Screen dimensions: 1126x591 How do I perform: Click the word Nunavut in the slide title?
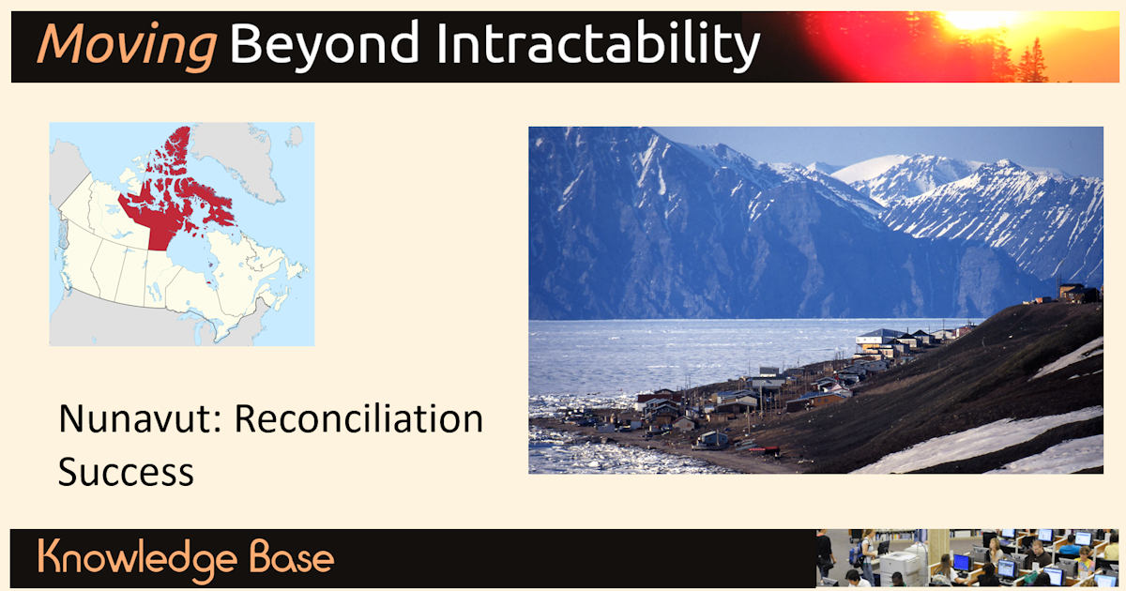(140, 418)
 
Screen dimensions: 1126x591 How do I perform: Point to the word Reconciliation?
(358, 418)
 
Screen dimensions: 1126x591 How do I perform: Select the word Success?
(126, 472)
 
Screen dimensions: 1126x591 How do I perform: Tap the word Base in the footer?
(292, 557)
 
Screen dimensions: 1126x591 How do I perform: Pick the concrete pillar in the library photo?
(938, 551)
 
